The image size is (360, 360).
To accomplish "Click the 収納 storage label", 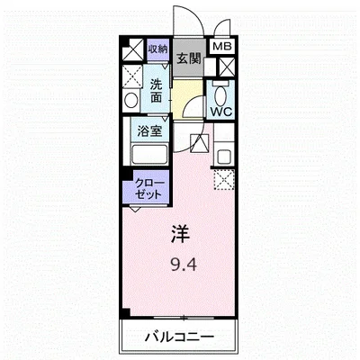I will point(157,48).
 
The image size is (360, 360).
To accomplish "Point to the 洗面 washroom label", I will point(157,91).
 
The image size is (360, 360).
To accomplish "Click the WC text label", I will point(220,112).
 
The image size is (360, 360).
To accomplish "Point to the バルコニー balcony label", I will point(180,337).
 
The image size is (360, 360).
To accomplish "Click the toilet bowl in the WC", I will point(221,92).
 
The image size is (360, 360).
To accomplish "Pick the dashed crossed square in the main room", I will point(222,180).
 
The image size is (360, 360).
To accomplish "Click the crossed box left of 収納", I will point(131,49).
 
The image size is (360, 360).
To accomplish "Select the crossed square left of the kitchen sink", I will point(200,142).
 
